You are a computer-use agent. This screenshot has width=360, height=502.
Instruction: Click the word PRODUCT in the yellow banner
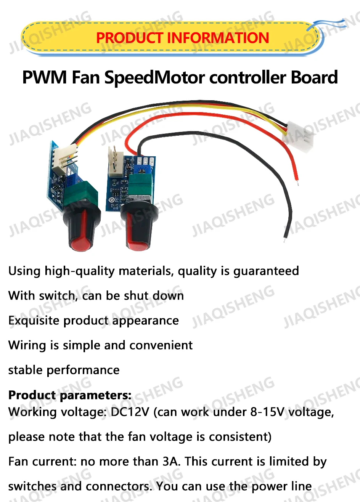[129, 38]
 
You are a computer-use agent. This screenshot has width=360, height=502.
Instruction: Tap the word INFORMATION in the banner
[218, 38]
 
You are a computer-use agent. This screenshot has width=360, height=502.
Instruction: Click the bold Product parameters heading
[70, 395]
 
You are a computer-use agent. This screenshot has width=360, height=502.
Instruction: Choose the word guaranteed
[266, 271]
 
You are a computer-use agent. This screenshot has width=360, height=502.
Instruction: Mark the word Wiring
[29, 345]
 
